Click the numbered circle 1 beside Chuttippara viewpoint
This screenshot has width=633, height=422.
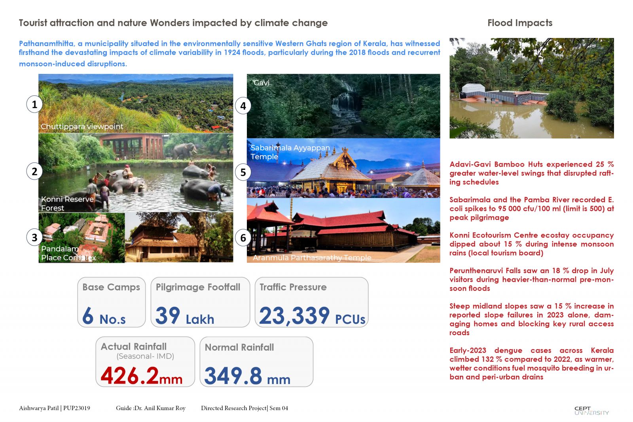34,105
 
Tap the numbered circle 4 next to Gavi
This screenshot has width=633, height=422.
243,106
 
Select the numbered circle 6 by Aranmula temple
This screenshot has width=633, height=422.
243,238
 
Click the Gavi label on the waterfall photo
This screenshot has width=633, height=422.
262,83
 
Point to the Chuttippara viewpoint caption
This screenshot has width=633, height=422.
82,126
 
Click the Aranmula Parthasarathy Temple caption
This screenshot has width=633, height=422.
312,258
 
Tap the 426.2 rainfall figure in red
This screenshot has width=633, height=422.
130,375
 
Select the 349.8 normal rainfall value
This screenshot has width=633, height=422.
233,376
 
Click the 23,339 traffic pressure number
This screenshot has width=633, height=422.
294,316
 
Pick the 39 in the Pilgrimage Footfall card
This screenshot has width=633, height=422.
168,315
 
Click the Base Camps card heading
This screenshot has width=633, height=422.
111,287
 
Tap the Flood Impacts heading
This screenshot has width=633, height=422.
520,23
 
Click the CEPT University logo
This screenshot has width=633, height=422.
591,411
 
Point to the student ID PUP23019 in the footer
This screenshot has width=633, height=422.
77,408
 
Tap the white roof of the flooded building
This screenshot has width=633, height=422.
473,88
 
